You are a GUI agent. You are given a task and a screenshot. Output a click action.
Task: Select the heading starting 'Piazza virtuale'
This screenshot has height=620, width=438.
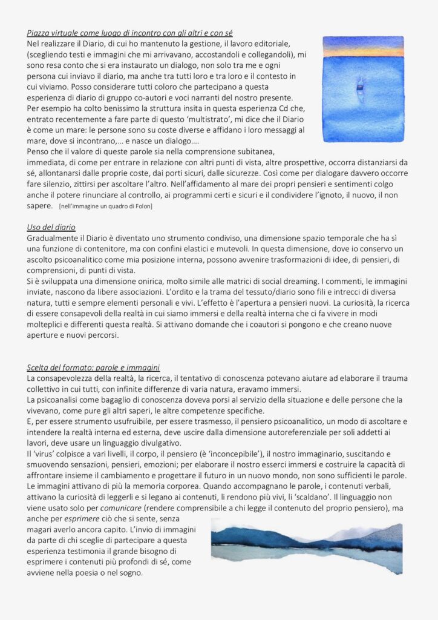click(130, 32)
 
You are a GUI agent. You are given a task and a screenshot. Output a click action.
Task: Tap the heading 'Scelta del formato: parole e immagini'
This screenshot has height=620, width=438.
click(93, 367)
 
